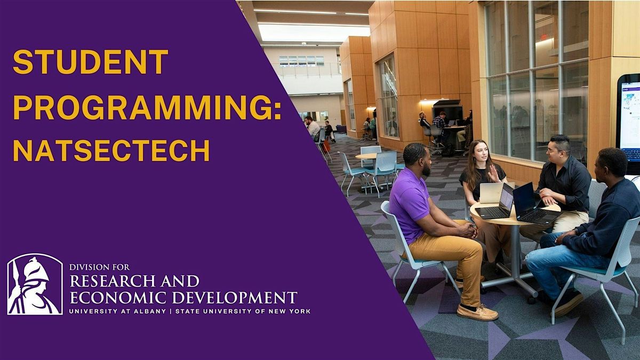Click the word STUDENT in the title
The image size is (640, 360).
[90, 62]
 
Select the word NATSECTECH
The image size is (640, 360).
[111, 150]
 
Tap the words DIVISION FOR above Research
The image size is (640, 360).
[99, 267]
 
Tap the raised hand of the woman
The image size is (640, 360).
[494, 174]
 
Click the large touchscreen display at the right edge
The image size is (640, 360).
[629, 123]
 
